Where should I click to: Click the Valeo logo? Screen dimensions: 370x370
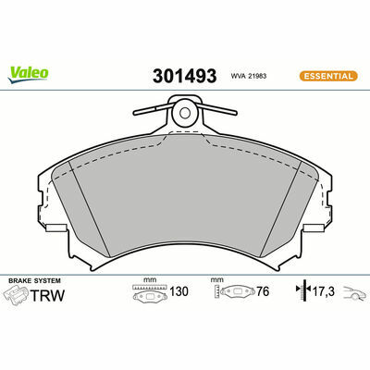pyautogui.click(x=28, y=75)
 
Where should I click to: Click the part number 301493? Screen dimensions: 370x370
pyautogui.click(x=184, y=76)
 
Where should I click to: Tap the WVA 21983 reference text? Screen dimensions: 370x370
pyautogui.click(x=248, y=76)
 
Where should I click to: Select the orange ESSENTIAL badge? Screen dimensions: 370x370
pyautogui.click(x=328, y=76)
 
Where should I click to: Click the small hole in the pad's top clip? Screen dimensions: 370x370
pyautogui.click(x=185, y=113)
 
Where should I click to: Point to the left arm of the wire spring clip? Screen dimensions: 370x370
pyautogui.click(x=153, y=109)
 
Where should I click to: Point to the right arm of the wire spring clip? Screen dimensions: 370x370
pyautogui.click(x=216, y=108)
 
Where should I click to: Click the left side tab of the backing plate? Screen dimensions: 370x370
pyautogui.click(x=55, y=228)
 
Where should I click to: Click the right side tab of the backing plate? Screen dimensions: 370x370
pyautogui.click(x=314, y=228)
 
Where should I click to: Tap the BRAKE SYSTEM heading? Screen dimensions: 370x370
pyautogui.click(x=34, y=281)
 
